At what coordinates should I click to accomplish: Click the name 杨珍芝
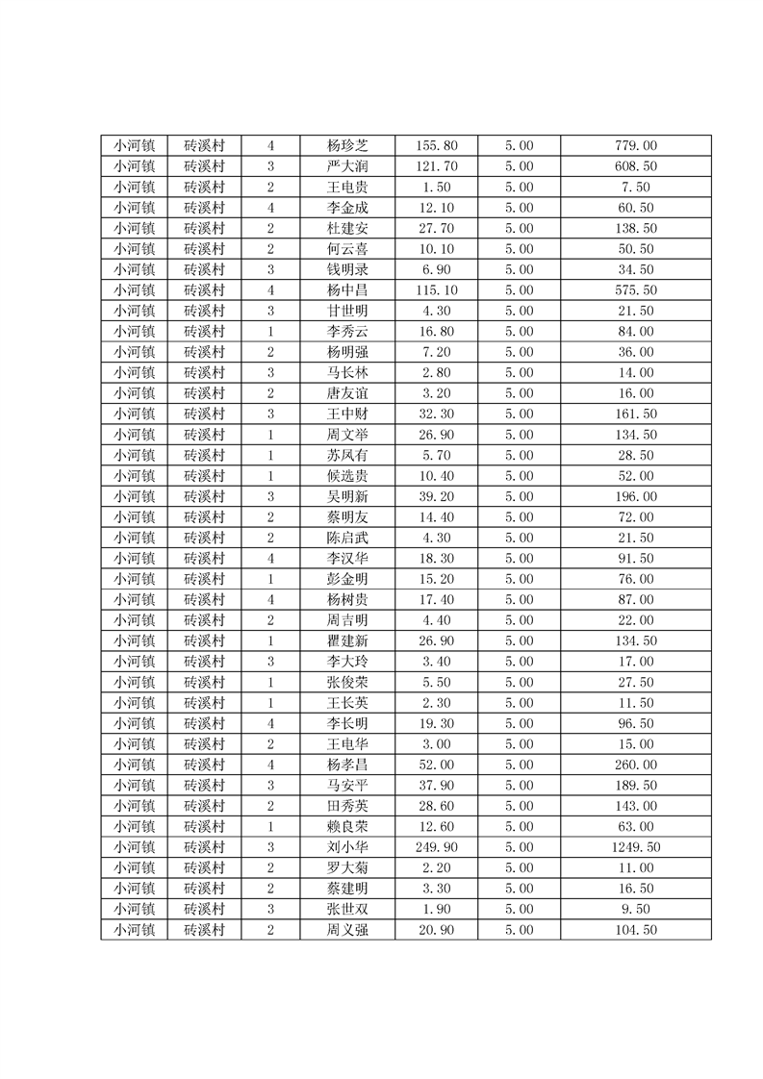(x=346, y=146)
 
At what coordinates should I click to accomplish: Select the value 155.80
(x=436, y=146)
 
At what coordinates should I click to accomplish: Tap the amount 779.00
(x=635, y=146)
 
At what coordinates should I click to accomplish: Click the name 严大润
(x=346, y=166)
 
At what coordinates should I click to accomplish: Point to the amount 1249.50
(x=635, y=847)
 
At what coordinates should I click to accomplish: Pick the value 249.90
(x=436, y=847)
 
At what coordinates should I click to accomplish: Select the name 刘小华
(x=346, y=847)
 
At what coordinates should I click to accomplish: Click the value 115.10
(x=436, y=290)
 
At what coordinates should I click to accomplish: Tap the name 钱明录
(x=346, y=269)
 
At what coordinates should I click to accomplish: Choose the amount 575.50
(x=635, y=290)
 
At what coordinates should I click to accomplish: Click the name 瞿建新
(x=346, y=640)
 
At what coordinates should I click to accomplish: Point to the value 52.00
(x=436, y=765)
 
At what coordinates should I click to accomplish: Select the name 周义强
(x=346, y=930)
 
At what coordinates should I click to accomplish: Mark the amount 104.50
(x=635, y=930)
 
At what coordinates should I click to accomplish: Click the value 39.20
(x=436, y=496)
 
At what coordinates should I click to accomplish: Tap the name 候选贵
(x=346, y=476)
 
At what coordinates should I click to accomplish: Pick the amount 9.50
(x=635, y=909)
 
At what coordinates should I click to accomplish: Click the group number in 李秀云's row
(x=270, y=332)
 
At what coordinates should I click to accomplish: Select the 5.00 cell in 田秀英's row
(x=519, y=806)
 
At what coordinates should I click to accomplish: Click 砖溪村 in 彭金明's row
(x=204, y=579)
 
